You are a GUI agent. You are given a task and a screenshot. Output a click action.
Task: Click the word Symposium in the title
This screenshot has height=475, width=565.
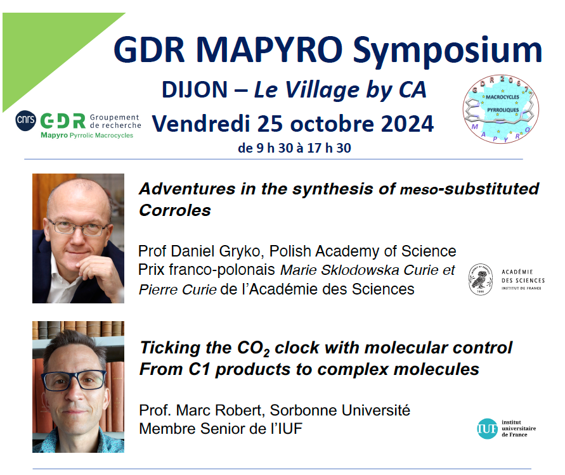coord(447,51)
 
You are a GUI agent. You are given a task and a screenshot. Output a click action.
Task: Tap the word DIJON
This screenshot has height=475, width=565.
coord(195,89)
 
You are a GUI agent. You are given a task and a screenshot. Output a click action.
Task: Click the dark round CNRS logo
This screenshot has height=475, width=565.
coord(25,120)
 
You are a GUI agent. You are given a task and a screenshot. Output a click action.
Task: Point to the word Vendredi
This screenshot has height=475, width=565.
coord(201,123)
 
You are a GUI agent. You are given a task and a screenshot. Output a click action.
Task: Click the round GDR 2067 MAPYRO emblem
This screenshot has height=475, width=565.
coord(500,110)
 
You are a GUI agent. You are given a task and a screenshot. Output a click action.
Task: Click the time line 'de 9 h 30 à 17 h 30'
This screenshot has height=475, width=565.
coord(294,148)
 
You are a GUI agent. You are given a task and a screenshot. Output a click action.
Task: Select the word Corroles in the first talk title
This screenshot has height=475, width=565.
coord(175,210)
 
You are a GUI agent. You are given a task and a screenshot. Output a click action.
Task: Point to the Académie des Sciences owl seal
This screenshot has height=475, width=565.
coord(480,279)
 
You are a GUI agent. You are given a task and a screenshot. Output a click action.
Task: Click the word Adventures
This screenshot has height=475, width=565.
coord(187,189)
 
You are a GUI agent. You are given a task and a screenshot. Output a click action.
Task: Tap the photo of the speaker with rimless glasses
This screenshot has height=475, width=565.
coord(78,238)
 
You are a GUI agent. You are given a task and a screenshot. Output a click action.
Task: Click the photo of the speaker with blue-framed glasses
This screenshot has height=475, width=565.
coord(78,387)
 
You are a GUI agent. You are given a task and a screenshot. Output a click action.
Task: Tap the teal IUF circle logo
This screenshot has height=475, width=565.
coord(487,429)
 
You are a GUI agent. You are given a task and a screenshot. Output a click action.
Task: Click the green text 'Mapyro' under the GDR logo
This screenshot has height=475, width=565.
coord(54,136)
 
